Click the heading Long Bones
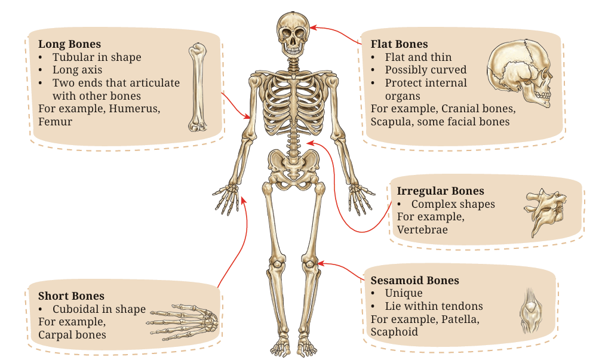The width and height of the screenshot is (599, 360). (x=69, y=44)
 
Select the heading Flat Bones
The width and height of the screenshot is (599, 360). (x=399, y=44)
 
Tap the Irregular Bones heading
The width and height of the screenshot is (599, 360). (x=441, y=191)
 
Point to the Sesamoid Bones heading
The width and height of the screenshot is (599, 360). (x=415, y=280)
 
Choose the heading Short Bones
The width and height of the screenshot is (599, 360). (x=71, y=296)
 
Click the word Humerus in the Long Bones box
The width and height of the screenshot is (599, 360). (x=134, y=109)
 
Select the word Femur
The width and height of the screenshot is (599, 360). (x=55, y=122)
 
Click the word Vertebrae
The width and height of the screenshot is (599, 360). (x=422, y=230)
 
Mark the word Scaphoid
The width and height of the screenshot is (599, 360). (x=394, y=332)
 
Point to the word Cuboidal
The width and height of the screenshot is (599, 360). (x=76, y=309)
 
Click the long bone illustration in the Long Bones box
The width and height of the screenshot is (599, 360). (x=198, y=87)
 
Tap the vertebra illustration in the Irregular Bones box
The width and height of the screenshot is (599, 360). (x=545, y=212)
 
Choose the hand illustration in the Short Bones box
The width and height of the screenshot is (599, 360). (x=183, y=321)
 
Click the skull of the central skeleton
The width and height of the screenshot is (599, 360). (x=293, y=35)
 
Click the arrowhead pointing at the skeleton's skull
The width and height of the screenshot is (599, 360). (x=314, y=27)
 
